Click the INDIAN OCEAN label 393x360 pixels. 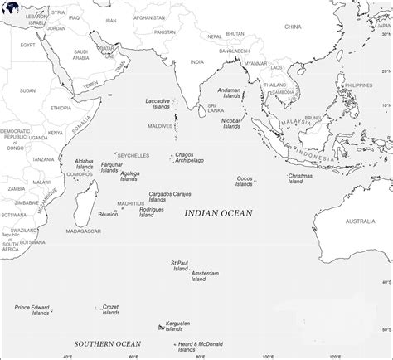point(218,213)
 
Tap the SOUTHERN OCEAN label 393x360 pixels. point(108,343)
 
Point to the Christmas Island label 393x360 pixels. point(299,178)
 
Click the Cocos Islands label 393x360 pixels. point(245,181)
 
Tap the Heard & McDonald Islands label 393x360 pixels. point(200,346)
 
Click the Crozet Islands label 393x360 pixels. point(109,310)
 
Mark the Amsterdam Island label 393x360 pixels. point(205,275)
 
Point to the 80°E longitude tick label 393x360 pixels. point(200,356)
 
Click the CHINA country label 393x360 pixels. point(293,27)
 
